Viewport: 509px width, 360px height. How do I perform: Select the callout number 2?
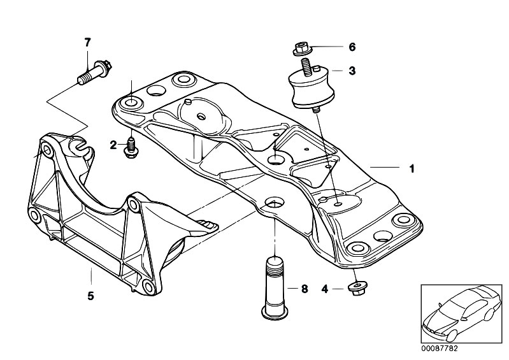pyautogui.click(x=113, y=145)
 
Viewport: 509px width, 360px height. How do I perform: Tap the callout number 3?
pyautogui.click(x=352, y=71)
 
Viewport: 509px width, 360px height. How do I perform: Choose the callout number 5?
pyautogui.click(x=90, y=296)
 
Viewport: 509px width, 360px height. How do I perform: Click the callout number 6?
pyautogui.click(x=352, y=47)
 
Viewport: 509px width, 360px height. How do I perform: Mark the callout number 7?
pyautogui.click(x=88, y=43)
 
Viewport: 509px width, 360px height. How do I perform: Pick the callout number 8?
pyautogui.click(x=304, y=289)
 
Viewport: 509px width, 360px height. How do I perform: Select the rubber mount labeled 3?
pyautogui.click(x=312, y=90)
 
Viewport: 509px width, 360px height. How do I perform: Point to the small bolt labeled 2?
pyautogui.click(x=131, y=145)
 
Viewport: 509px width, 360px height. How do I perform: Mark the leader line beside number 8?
pyautogui.click(x=292, y=289)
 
